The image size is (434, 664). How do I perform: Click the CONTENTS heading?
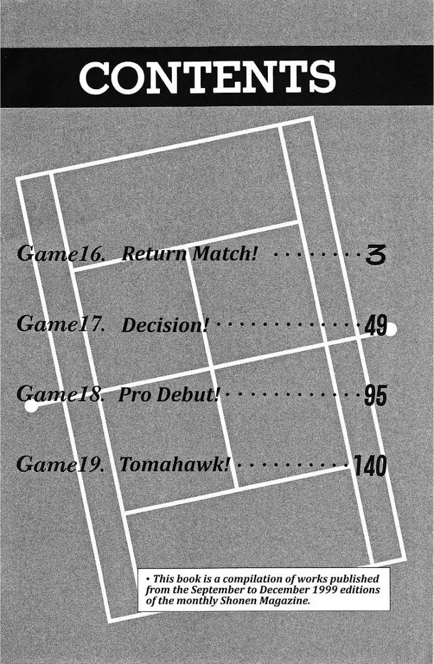tap(207, 77)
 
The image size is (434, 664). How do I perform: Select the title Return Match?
tap(189, 253)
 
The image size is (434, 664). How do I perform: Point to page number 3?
tap(376, 255)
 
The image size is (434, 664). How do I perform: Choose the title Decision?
tap(164, 325)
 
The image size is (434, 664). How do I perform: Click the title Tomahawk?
tap(174, 465)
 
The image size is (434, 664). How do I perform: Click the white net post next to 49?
tap(391, 330)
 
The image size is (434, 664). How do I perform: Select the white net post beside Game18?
tap(30, 407)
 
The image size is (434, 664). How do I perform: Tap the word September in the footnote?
tap(206, 590)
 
